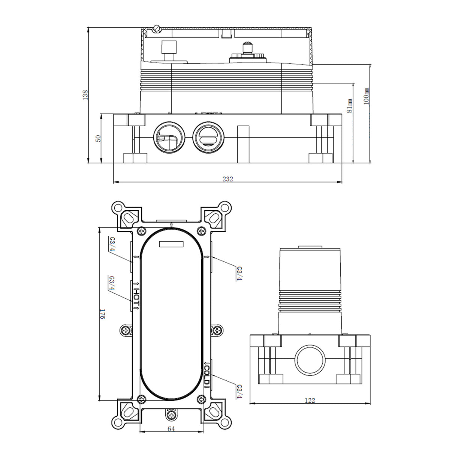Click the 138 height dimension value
coord(85,95)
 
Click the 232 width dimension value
coord(227,179)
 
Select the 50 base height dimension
coord(99,139)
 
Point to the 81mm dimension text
coord(349,106)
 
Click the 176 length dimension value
coord(102,314)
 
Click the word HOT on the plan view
coord(136,296)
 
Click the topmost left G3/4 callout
coord(112,244)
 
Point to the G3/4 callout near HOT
coord(112,283)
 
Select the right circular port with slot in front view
coord(208,136)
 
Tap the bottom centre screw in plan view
coord(172,415)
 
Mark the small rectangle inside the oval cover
coord(171,244)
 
